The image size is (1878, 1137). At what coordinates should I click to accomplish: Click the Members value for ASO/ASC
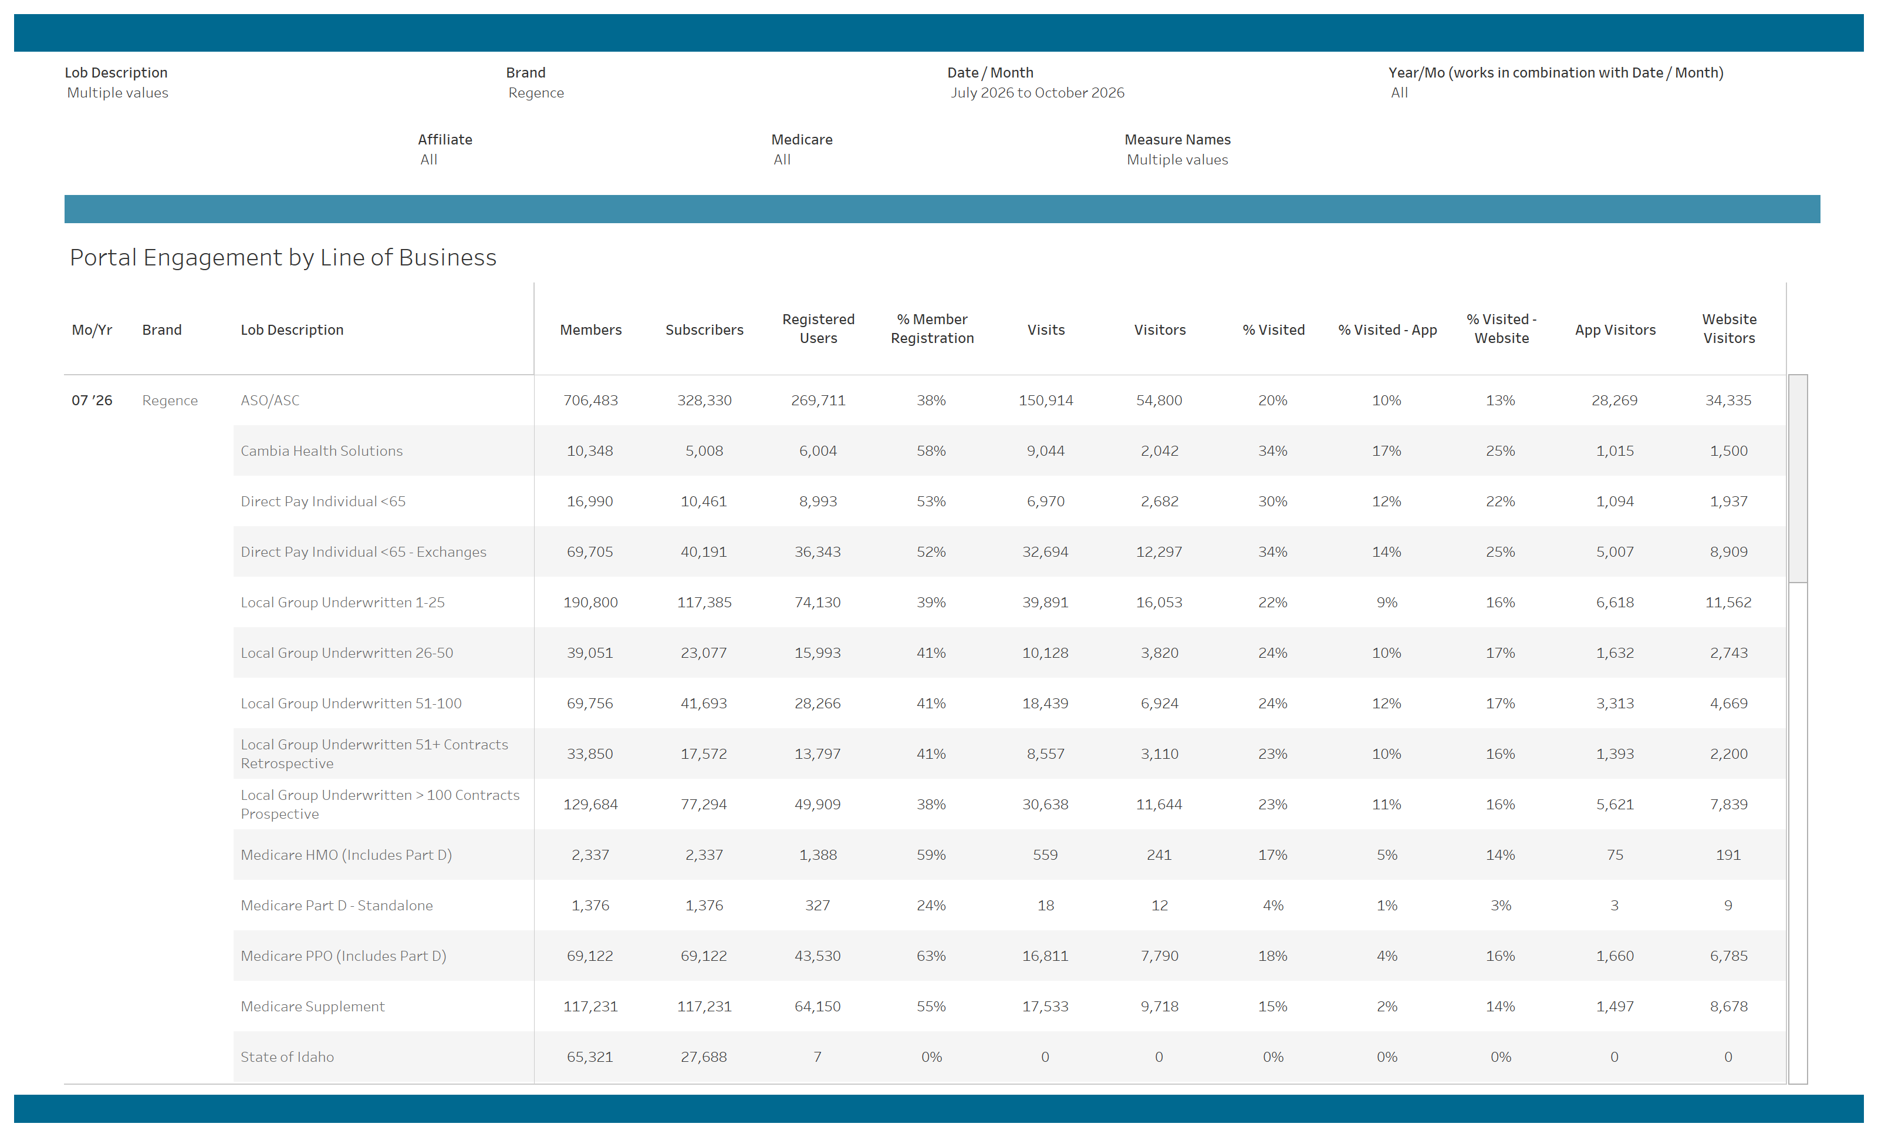pyautogui.click(x=590, y=401)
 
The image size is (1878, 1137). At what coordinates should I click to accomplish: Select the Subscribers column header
pyautogui.click(x=704, y=329)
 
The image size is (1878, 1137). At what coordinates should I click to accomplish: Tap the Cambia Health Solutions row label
pyautogui.click(x=322, y=450)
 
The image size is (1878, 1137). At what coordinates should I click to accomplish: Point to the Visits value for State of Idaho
pyautogui.click(x=1045, y=1057)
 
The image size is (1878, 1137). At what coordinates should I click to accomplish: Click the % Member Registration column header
pyautogui.click(x=932, y=329)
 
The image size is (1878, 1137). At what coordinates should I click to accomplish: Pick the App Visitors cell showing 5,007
pyautogui.click(x=1614, y=552)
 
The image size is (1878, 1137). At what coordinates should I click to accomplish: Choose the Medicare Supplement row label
pyautogui.click(x=312, y=1007)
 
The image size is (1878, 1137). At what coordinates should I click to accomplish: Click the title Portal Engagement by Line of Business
pyautogui.click(x=283, y=258)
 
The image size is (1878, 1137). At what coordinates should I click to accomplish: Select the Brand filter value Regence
pyautogui.click(x=536, y=92)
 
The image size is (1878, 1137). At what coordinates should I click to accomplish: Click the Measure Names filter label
pyautogui.click(x=1177, y=140)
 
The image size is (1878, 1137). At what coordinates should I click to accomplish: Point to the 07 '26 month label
pyautogui.click(x=92, y=401)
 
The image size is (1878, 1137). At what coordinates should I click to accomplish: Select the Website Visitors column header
pyautogui.click(x=1728, y=329)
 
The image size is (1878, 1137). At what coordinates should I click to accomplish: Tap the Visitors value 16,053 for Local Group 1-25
pyautogui.click(x=1158, y=603)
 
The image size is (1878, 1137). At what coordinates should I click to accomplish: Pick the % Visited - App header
pyautogui.click(x=1387, y=329)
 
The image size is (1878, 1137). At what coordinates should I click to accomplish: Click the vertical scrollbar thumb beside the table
pyautogui.click(x=1797, y=478)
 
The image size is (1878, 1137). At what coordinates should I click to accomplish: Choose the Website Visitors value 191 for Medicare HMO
pyautogui.click(x=1728, y=855)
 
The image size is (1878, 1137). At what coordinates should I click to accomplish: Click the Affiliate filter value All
pyautogui.click(x=428, y=159)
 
